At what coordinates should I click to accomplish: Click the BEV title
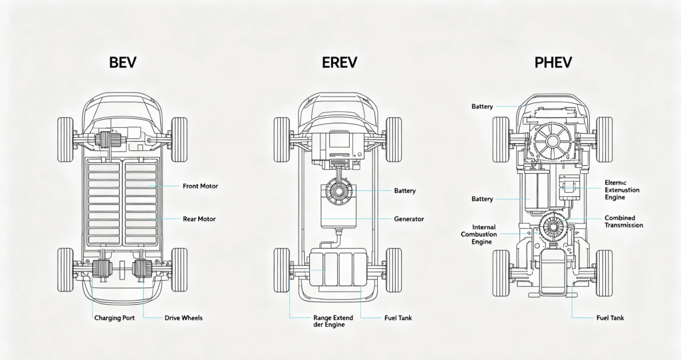tap(123, 62)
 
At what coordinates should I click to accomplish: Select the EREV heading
tap(339, 62)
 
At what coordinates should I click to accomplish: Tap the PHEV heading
tap(553, 62)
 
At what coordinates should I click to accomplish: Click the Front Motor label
tap(200, 186)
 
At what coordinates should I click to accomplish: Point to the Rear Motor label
tap(200, 219)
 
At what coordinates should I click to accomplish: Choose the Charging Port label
tap(114, 318)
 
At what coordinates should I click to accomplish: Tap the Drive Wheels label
tap(184, 318)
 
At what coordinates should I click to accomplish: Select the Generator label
tap(409, 219)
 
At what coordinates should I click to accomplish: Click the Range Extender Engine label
tap(333, 321)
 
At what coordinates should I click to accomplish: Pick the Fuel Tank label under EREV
tap(398, 318)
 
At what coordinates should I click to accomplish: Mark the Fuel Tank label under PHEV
tap(611, 318)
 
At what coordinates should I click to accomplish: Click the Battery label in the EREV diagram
tap(405, 191)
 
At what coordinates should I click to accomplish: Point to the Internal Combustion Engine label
tap(479, 234)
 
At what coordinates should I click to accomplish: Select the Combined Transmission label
tap(624, 222)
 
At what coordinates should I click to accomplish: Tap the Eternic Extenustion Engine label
tap(622, 190)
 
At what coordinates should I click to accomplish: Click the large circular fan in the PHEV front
tap(553, 140)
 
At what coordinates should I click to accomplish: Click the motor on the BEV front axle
tap(104, 140)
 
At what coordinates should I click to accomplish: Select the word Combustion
tap(479, 234)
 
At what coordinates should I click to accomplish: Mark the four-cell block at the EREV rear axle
tap(339, 269)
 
